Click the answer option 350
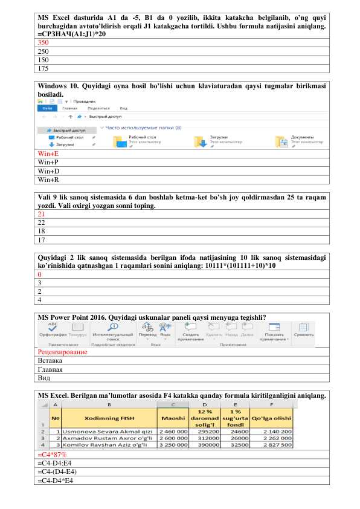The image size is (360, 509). point(43,44)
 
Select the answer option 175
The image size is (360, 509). point(43,69)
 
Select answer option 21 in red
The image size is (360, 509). point(41,214)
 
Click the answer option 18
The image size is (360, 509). point(41,231)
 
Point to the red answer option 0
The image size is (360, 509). point(39,274)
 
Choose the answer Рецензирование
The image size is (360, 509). point(62,352)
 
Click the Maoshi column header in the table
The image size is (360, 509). point(173,418)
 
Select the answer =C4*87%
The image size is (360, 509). point(52,455)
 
